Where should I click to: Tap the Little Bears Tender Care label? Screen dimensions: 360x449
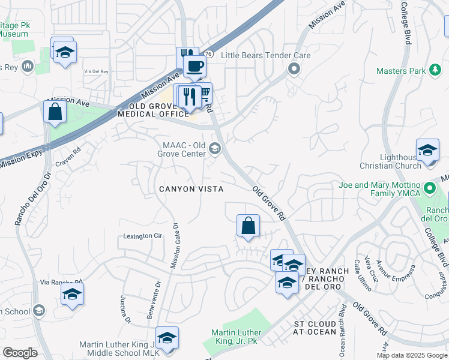pyautogui.click(x=265, y=55)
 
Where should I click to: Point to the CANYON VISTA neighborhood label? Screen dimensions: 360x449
pyautogui.click(x=191, y=189)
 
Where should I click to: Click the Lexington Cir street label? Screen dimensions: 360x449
pyautogui.click(x=143, y=236)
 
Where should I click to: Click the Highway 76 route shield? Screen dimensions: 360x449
pyautogui.click(x=208, y=54)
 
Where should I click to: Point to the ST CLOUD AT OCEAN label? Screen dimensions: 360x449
pyautogui.click(x=315, y=328)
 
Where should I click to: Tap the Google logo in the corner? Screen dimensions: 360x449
pyautogui.click(x=20, y=353)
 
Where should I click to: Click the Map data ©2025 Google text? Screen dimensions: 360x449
pyautogui.click(x=412, y=355)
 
